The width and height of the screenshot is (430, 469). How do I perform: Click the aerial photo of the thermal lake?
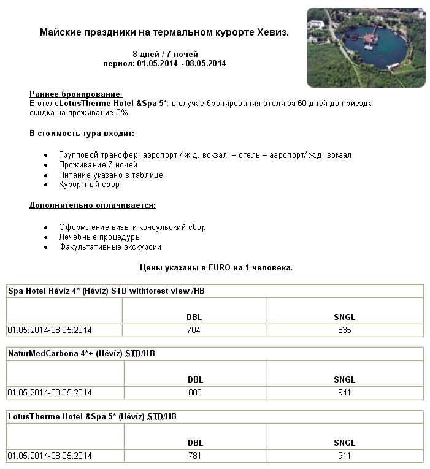(x=366, y=47)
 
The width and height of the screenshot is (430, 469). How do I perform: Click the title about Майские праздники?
(x=164, y=32)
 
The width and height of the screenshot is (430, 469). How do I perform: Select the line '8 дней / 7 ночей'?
(x=165, y=54)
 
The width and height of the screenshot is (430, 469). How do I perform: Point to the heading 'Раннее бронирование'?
(x=75, y=94)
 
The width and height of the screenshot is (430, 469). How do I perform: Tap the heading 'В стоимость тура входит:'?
(x=82, y=133)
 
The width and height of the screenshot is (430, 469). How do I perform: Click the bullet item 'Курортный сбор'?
(x=89, y=185)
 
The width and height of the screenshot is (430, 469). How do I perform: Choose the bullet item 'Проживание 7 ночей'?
(x=98, y=165)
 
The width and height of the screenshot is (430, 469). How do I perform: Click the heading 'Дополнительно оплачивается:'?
(x=92, y=205)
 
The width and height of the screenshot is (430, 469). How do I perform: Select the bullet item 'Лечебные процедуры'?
(x=100, y=237)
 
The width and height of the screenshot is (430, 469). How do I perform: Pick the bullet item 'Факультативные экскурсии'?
(x=110, y=246)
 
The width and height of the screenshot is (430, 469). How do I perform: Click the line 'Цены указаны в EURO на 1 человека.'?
(x=216, y=267)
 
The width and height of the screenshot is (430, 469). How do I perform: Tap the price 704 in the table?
(x=194, y=330)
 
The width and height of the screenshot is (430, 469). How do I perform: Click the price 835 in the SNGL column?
(x=345, y=330)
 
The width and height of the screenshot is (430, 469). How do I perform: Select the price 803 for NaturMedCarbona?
(x=194, y=392)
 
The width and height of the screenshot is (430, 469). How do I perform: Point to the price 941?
(x=345, y=392)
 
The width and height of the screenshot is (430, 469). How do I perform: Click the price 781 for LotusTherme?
(x=194, y=456)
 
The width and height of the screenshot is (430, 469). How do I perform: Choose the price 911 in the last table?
(x=345, y=456)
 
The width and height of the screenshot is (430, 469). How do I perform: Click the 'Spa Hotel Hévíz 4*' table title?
(x=106, y=291)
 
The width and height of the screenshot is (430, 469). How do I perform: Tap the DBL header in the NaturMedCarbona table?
(x=194, y=379)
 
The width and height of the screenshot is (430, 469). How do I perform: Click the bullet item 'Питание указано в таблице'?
(x=111, y=175)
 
